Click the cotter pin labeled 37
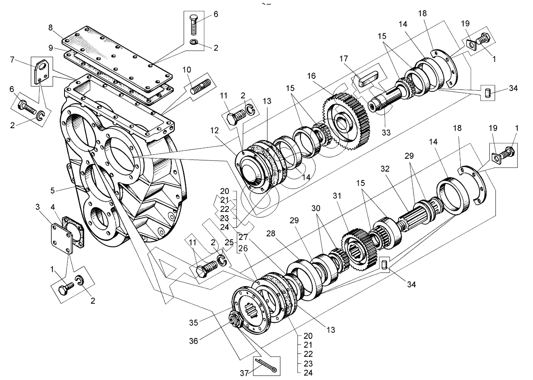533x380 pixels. click(x=266, y=365)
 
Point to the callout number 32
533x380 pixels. click(x=384, y=169)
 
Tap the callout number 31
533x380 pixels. click(x=336, y=196)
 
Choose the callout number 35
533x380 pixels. click(x=193, y=322)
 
